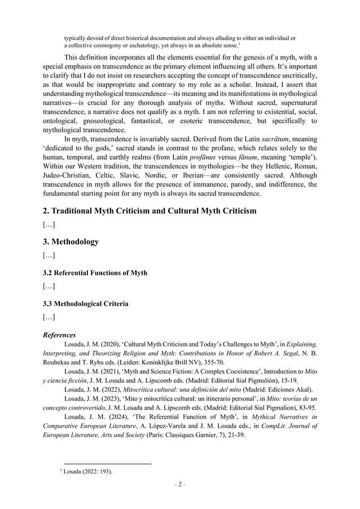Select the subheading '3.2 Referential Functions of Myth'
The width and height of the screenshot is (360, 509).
[95, 273]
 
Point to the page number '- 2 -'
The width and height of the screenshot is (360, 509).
[179, 485]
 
